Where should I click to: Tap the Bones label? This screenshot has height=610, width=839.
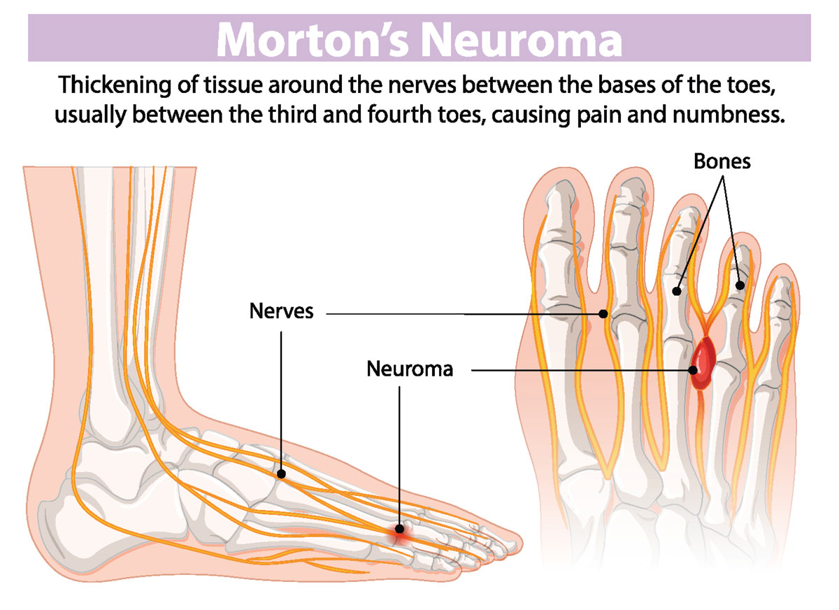click(722, 161)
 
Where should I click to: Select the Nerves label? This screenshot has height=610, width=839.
click(281, 311)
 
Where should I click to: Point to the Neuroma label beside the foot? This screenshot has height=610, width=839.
click(410, 369)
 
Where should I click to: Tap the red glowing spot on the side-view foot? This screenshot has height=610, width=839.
click(399, 533)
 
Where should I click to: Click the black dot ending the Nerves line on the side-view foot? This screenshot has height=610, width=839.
click(281, 474)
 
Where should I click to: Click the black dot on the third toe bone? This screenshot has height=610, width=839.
click(677, 290)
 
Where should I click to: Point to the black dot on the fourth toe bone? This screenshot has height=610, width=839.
click(740, 285)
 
